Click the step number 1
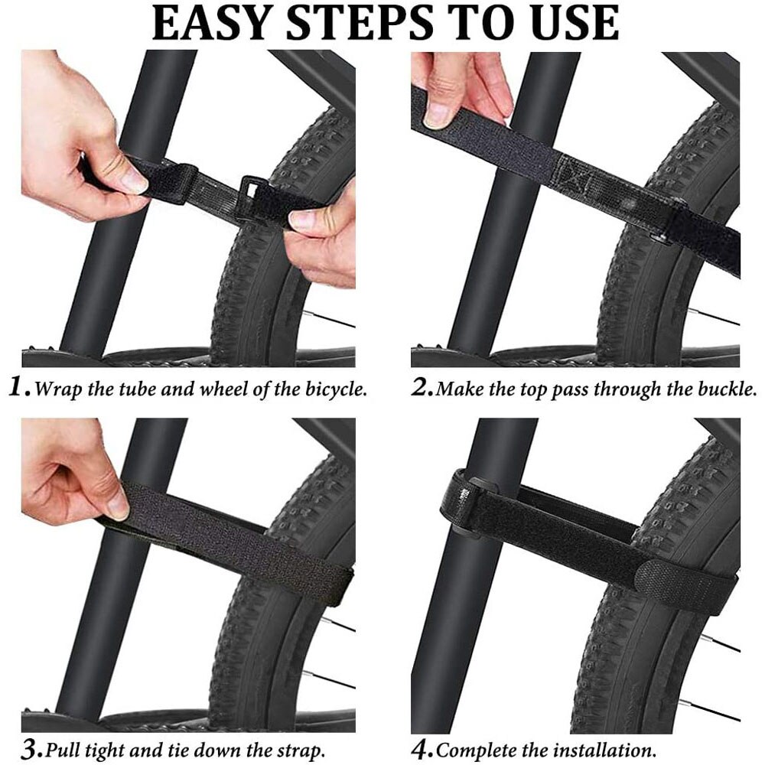[18, 388]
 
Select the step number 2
[421, 388]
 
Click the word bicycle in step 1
[333, 389]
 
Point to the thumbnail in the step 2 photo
[438, 115]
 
